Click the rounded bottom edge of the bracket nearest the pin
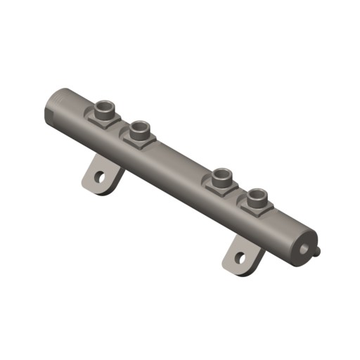[236, 271]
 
